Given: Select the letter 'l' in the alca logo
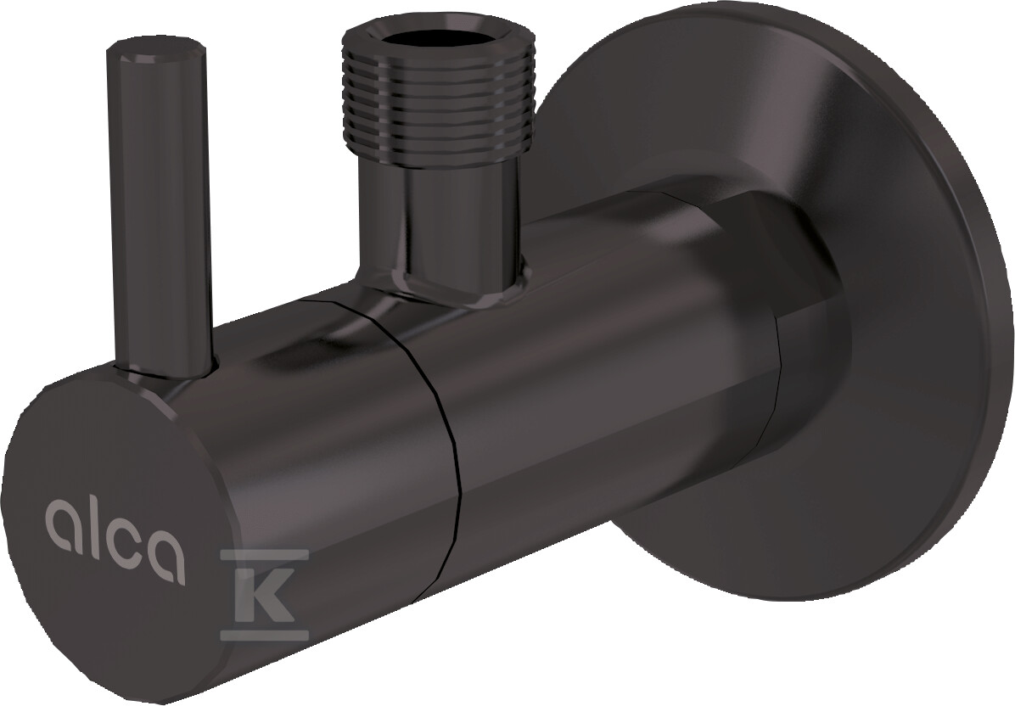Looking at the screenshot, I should click(87, 518).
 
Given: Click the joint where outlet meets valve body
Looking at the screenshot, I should click(441, 297).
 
